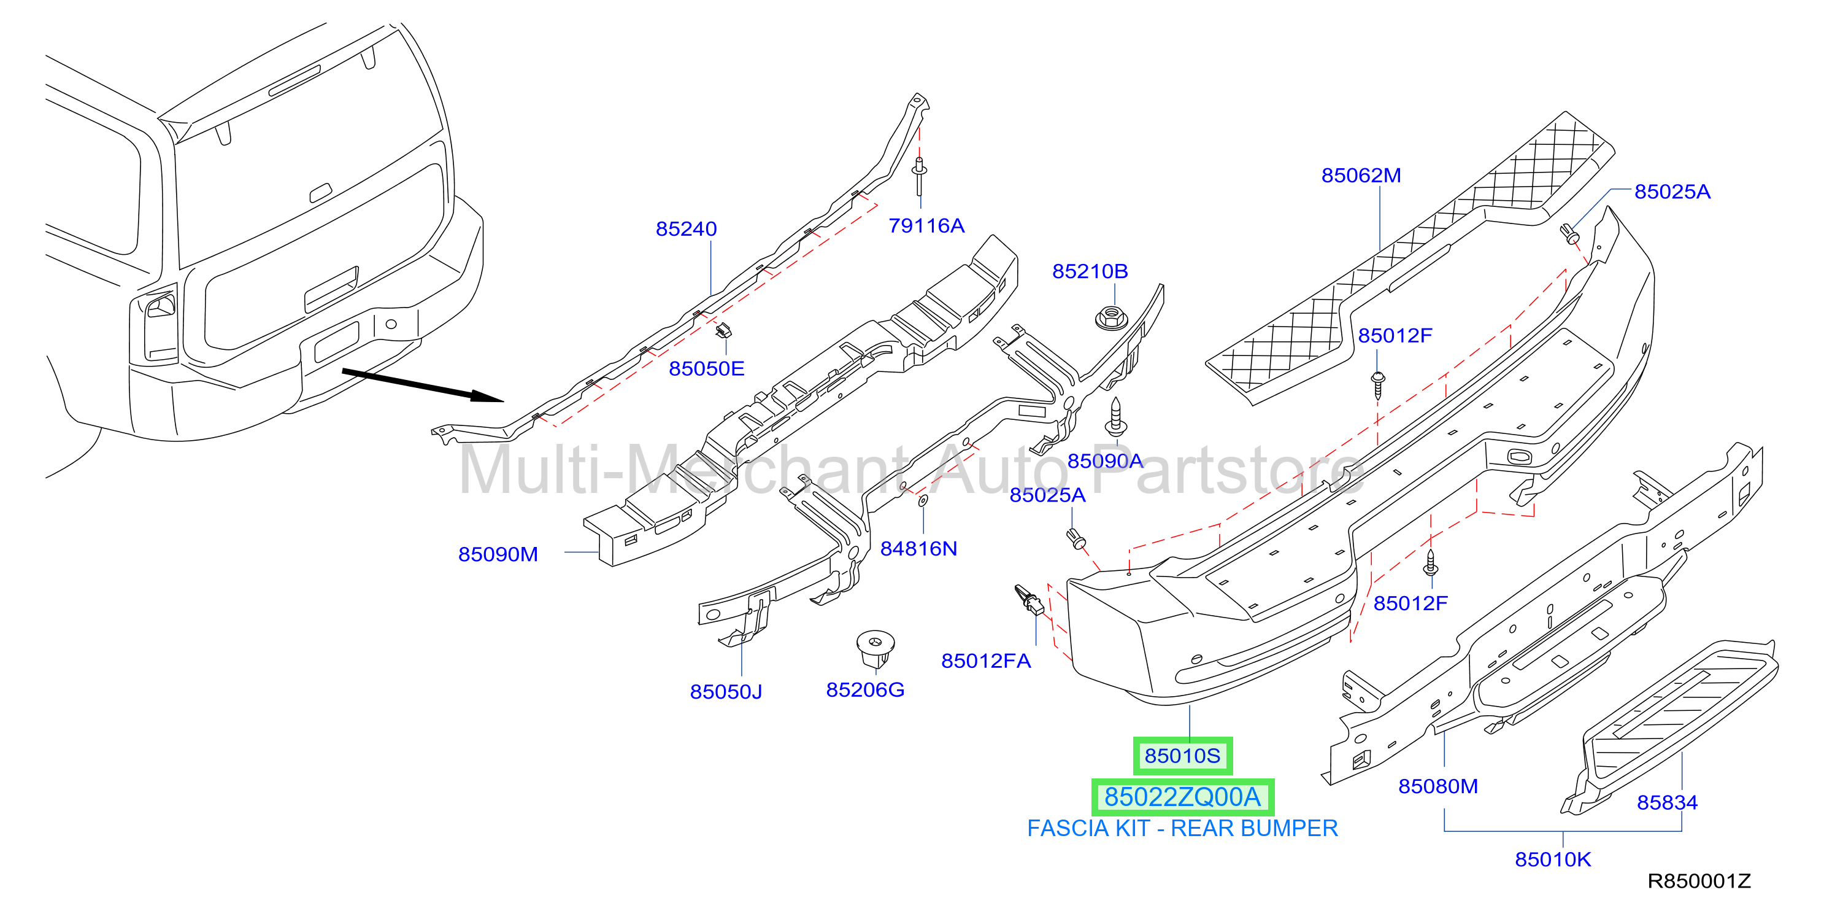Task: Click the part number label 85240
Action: (686, 229)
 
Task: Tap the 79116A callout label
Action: (926, 225)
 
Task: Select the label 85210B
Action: (1090, 271)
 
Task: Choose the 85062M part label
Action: (1361, 175)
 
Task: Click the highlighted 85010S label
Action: (1182, 756)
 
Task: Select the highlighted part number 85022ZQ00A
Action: (1182, 797)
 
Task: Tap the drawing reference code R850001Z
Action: (1699, 882)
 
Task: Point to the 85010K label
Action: (1553, 859)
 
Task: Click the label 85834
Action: (1667, 802)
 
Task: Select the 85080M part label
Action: (1438, 786)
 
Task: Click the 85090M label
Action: (498, 554)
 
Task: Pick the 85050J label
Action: (726, 691)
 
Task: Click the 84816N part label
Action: (918, 548)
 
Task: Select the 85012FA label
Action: (986, 661)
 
